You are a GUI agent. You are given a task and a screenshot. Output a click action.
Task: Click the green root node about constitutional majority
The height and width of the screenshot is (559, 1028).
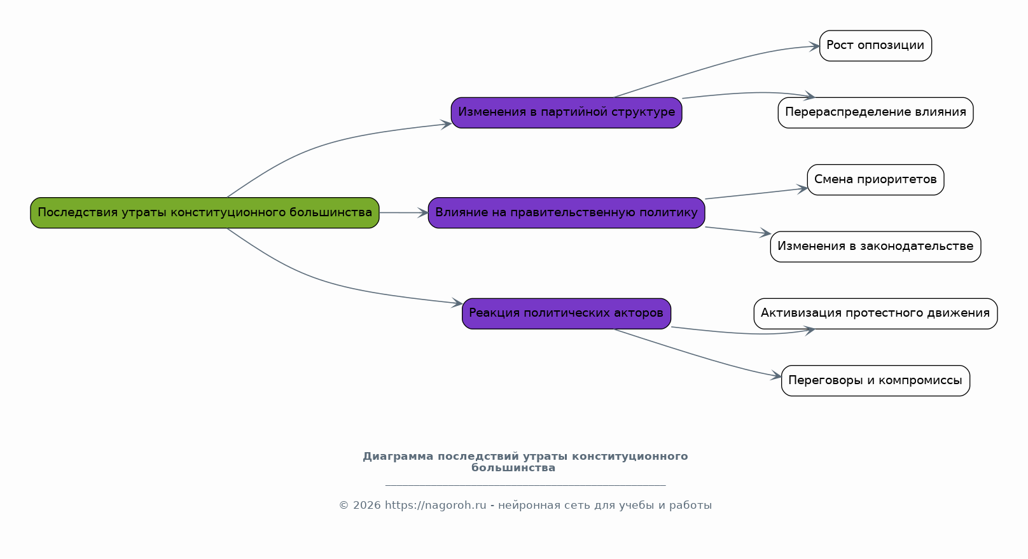(205, 213)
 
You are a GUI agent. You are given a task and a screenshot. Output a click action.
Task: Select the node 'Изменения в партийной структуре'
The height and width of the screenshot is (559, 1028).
(566, 113)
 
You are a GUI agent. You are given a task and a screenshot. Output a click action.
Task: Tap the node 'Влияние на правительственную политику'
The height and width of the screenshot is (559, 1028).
(566, 213)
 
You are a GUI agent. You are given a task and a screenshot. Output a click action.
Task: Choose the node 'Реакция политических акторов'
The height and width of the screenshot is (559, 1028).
(566, 314)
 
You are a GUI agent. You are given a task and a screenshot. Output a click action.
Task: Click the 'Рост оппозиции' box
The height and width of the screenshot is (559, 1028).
(875, 46)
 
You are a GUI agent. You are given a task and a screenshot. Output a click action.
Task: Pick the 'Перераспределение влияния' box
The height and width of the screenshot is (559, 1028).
(875, 113)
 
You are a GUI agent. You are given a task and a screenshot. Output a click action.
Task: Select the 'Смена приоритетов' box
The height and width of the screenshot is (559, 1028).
(875, 179)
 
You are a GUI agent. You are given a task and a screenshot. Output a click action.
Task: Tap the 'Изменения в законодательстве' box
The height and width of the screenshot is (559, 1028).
(875, 247)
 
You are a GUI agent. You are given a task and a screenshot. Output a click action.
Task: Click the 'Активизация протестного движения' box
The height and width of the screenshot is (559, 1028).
(875, 314)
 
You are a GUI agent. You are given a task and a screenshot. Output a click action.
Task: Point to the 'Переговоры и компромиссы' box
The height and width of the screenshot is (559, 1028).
(875, 380)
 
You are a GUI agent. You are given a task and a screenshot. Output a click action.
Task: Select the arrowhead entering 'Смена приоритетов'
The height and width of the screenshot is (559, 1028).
(802, 189)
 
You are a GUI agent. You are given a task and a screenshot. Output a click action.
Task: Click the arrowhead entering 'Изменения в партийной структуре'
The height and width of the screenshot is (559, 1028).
(446, 124)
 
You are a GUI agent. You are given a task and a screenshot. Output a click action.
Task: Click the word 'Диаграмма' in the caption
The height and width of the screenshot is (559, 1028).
(398, 457)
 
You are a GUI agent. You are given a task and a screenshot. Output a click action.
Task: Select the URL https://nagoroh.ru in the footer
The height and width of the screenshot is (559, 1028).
(435, 506)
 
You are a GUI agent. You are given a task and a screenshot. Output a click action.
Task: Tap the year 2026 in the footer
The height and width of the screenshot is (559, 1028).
(366, 506)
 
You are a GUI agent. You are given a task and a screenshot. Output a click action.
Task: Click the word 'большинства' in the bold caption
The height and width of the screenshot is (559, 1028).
(513, 468)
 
